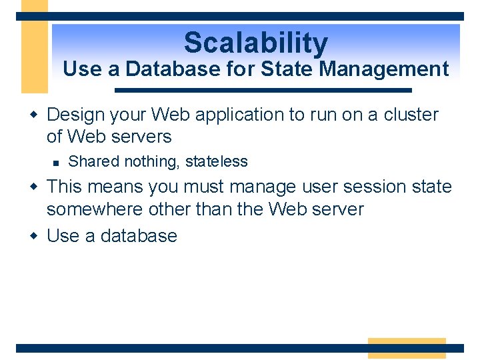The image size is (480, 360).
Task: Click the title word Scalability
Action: pos(256,43)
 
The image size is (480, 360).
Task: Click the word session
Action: pos(373,187)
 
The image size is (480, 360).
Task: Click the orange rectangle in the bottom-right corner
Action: pos(406,348)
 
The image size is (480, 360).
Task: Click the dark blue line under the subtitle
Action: pos(263,90)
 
